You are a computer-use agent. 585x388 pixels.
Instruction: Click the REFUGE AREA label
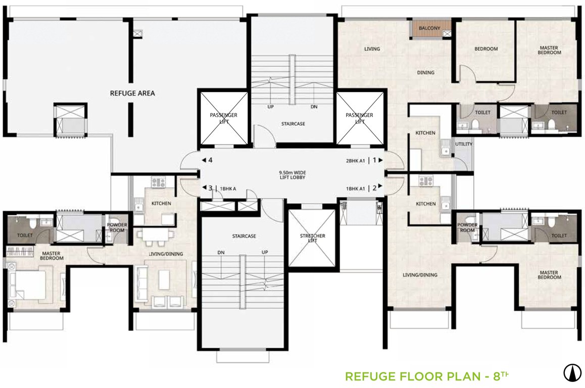click(132, 93)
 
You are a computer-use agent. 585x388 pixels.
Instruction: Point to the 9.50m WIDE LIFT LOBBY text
click(293, 174)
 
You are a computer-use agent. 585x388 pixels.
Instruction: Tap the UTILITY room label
click(463, 144)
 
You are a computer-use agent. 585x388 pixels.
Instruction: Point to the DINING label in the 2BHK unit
click(425, 73)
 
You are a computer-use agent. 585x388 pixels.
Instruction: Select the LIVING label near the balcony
click(372, 50)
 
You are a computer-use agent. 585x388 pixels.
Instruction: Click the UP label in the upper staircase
click(271, 107)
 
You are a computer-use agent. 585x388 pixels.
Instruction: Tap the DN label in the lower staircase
click(220, 252)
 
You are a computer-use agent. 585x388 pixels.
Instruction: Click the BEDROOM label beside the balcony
click(486, 49)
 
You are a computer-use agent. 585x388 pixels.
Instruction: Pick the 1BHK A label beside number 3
click(228, 189)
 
